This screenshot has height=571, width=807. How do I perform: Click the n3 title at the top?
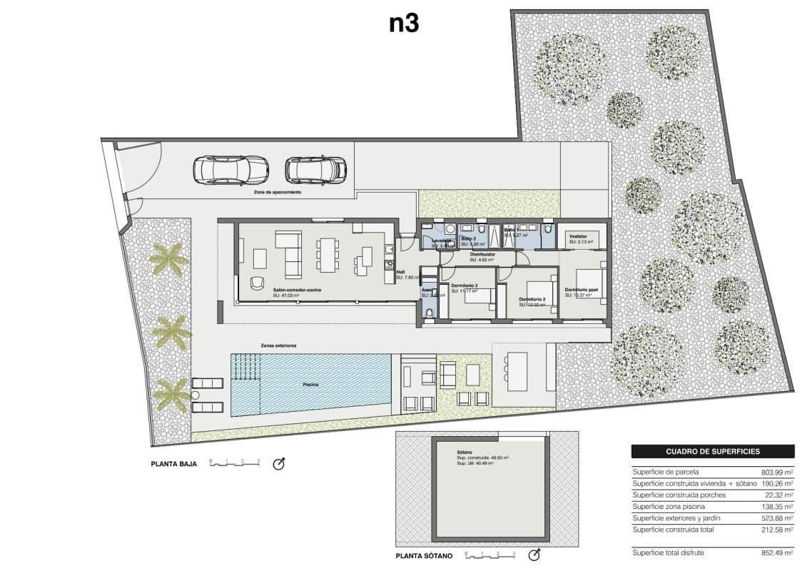tap(403, 24)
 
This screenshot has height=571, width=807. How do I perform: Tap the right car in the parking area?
tap(315, 170)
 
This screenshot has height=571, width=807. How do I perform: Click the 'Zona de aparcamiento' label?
tap(278, 193)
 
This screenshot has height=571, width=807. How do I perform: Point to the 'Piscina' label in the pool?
tap(310, 385)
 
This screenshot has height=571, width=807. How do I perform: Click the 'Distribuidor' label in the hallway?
tap(482, 254)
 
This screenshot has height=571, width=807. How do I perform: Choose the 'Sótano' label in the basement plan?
tap(465, 453)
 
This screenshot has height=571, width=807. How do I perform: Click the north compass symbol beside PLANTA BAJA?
tap(280, 464)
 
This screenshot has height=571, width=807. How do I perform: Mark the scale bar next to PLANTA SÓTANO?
tap(489, 555)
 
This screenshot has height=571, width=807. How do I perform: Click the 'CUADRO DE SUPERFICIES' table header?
tap(712, 451)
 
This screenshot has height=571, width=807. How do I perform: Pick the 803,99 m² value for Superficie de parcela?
tap(777, 472)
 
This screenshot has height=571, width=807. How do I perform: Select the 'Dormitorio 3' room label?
tap(464, 285)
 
